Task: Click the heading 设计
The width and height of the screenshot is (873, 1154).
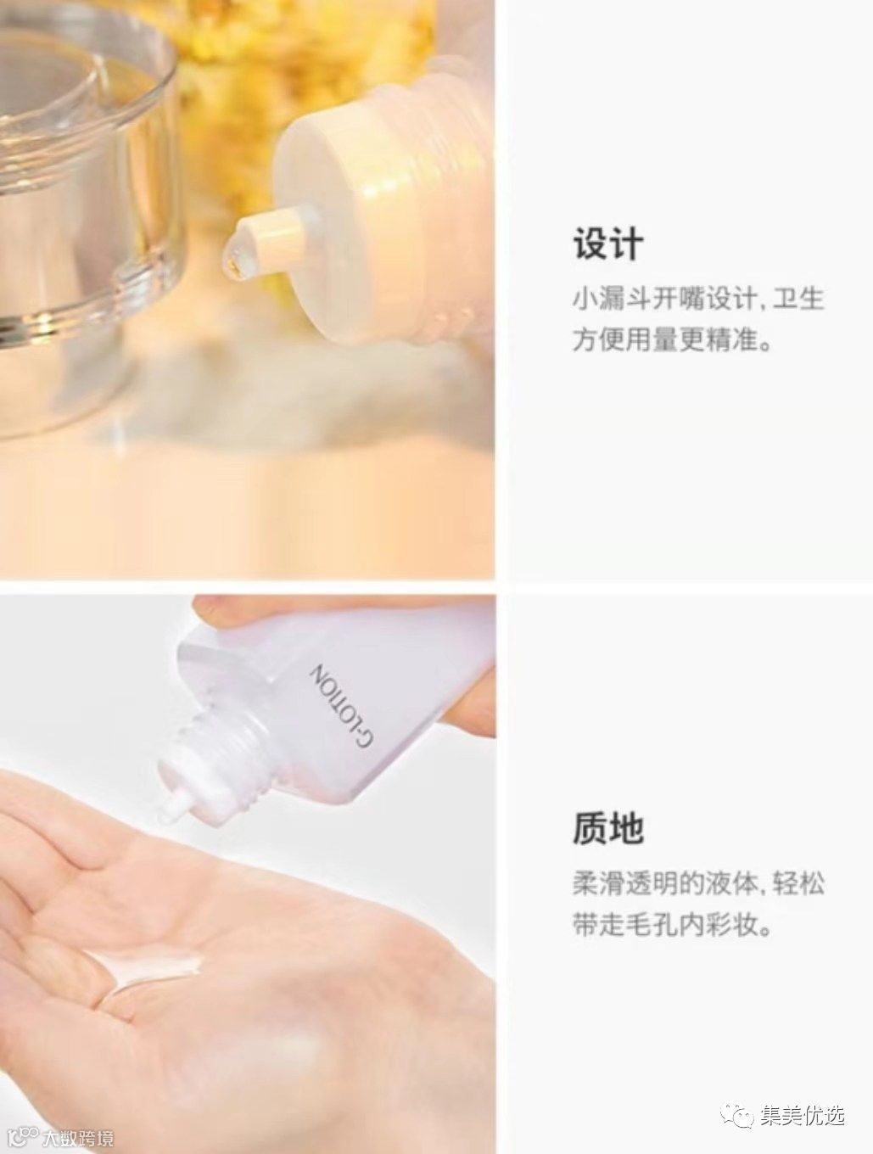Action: (x=608, y=244)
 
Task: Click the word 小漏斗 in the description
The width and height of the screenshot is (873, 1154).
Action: (x=612, y=300)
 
